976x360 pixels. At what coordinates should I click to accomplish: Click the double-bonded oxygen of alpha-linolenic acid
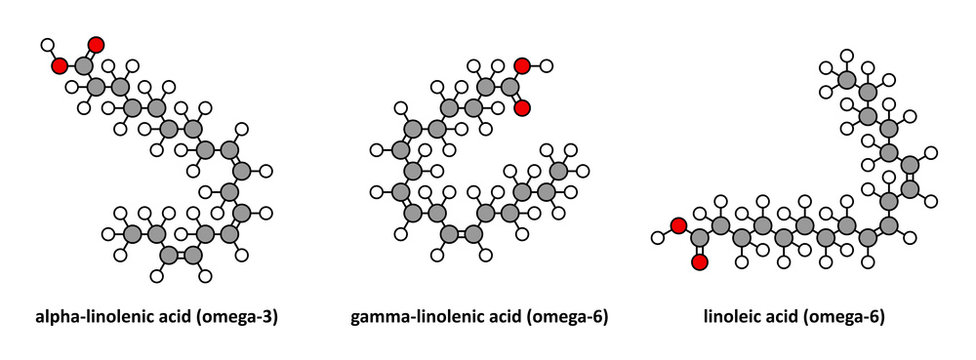point(95,45)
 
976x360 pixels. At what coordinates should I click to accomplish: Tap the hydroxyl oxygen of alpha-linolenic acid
point(60,66)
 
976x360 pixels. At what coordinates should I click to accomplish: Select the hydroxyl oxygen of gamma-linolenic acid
point(521,66)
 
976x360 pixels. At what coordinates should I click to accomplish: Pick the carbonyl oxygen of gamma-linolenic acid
point(521,108)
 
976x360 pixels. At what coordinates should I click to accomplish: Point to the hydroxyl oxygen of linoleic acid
point(677,226)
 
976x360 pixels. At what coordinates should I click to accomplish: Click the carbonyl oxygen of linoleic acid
point(699,263)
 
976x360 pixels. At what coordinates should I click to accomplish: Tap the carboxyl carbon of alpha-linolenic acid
point(83,66)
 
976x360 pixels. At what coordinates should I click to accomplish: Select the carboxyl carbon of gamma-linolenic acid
point(509,87)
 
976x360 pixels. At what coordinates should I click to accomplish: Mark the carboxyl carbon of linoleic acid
point(699,238)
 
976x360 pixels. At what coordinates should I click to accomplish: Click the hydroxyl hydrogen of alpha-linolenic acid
point(46,45)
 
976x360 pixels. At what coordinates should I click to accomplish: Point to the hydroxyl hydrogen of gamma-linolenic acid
point(546,66)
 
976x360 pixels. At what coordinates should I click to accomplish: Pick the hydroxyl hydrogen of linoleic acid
point(656,238)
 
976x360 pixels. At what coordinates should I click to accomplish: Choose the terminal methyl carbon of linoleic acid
point(846,79)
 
